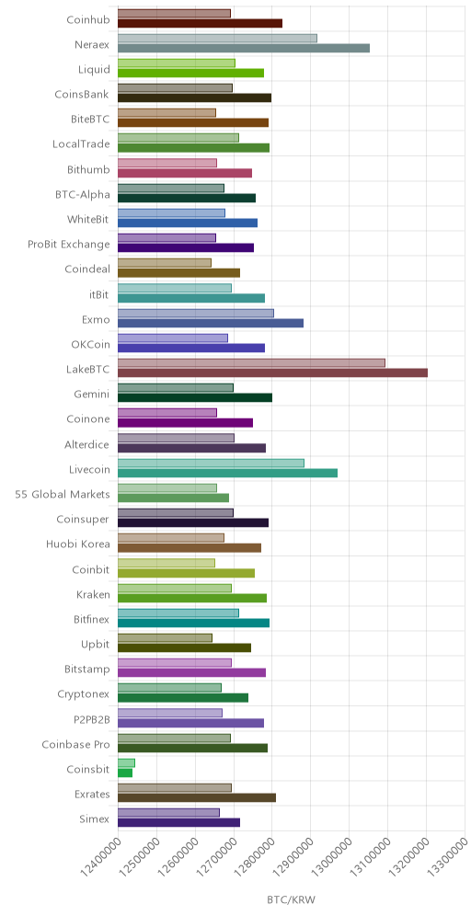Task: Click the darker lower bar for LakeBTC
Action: [273, 372]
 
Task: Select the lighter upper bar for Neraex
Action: [217, 38]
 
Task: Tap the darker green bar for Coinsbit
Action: [125, 773]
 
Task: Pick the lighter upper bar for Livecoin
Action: [211, 464]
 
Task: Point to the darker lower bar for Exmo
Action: [211, 323]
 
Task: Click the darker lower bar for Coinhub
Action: [201, 23]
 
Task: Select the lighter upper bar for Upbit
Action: [165, 638]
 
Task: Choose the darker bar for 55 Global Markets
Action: [174, 498]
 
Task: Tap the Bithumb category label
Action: [88, 169]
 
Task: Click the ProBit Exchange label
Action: [69, 245]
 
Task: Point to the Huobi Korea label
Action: [78, 544]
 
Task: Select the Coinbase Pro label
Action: [76, 744]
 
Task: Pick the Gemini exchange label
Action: [92, 395]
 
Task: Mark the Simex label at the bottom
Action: [94, 819]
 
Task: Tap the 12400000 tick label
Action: [99, 856]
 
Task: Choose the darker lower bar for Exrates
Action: [197, 797]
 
